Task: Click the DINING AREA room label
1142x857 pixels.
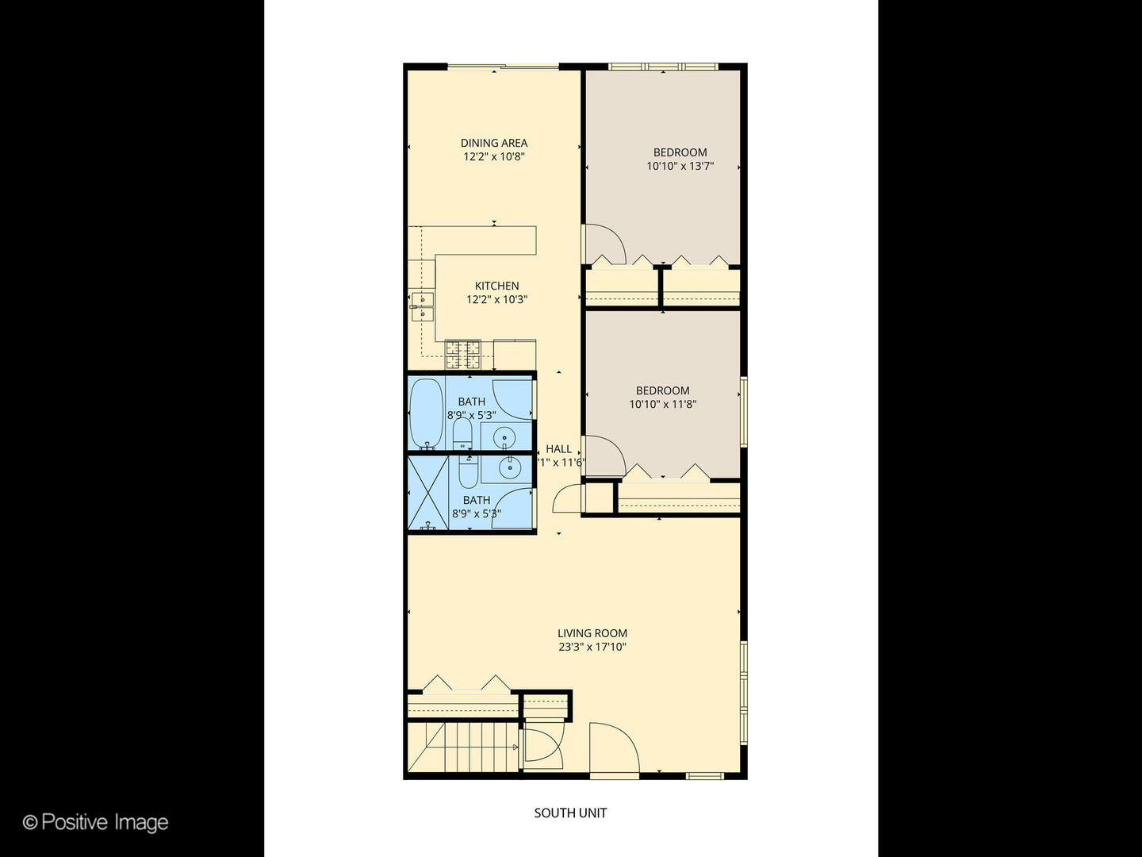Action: coord(494,143)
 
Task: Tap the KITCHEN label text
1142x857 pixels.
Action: coord(497,286)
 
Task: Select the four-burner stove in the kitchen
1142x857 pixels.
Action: coord(463,354)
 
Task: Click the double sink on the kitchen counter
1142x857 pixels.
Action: coord(422,306)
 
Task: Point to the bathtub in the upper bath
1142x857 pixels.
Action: coord(426,413)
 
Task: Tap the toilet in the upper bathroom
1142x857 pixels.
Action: coord(462,433)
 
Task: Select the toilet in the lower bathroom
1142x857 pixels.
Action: coord(468,471)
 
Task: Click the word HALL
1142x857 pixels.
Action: coord(558,449)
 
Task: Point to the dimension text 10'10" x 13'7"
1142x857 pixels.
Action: coord(680,167)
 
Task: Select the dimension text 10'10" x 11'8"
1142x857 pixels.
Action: coord(663,405)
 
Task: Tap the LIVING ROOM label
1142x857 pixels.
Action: coord(592,633)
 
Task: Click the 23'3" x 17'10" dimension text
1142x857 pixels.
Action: coord(592,648)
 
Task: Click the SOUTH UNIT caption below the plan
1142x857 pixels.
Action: coord(570,813)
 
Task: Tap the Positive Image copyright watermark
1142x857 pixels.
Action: coord(96,822)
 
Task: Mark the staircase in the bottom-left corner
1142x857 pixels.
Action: coord(464,747)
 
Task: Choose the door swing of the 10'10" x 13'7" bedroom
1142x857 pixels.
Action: coord(604,244)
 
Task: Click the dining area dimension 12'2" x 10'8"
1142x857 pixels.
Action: coord(494,157)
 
